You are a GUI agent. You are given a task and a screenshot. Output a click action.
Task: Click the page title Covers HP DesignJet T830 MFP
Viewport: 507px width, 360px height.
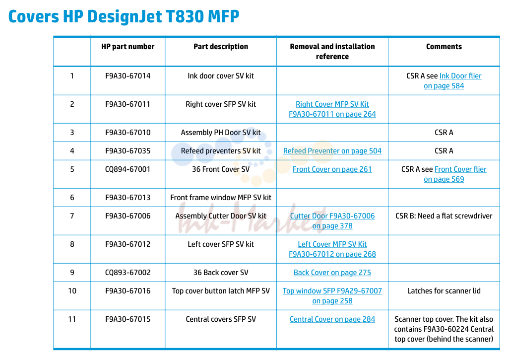pyautogui.click(x=124, y=17)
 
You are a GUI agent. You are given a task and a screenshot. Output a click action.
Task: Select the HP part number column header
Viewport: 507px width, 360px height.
pyautogui.click(x=127, y=47)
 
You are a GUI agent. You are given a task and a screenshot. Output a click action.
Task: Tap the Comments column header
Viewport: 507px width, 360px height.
pyautogui.click(x=444, y=47)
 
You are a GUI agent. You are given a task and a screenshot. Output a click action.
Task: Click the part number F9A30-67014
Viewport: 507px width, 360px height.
pyautogui.click(x=127, y=76)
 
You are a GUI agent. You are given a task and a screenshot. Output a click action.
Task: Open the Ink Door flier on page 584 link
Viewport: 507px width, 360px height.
pyautogui.click(x=452, y=81)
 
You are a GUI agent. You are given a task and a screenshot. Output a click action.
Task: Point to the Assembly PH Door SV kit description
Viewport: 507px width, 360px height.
pyautogui.click(x=221, y=133)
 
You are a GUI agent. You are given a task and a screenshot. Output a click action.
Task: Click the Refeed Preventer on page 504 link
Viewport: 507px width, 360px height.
pyautogui.click(x=332, y=151)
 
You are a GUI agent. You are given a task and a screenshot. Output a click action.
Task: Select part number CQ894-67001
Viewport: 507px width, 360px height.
pyautogui.click(x=127, y=169)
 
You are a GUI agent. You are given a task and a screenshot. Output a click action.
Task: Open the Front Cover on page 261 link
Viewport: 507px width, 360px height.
pyautogui.click(x=332, y=169)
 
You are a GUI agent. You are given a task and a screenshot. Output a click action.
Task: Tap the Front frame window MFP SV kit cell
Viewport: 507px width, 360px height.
pyautogui.click(x=221, y=198)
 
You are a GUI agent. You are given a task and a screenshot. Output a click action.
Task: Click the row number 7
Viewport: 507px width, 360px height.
pyautogui.click(x=72, y=216)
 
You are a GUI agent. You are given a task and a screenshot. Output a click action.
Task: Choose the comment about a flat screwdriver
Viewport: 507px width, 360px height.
pyautogui.click(x=444, y=216)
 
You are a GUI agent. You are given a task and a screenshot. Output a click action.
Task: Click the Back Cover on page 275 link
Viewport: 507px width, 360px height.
pyautogui.click(x=332, y=273)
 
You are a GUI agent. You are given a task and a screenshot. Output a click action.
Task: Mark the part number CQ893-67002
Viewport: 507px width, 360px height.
pyautogui.click(x=127, y=273)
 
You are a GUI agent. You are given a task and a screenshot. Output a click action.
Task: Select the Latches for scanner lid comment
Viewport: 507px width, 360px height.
pyautogui.click(x=444, y=291)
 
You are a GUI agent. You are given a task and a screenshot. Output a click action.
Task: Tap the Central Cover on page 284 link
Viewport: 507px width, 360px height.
pyautogui.click(x=332, y=319)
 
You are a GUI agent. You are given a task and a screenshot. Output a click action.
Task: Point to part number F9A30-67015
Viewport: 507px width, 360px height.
pyautogui.click(x=127, y=319)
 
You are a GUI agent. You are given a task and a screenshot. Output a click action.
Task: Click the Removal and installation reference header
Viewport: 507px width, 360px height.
pyautogui.click(x=332, y=52)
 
